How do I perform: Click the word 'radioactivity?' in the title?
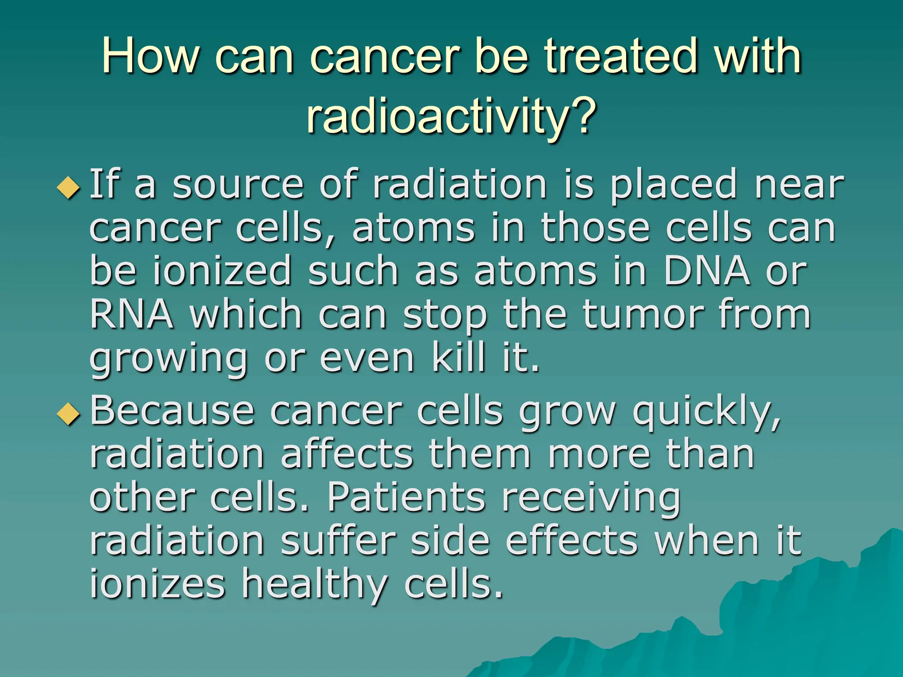tap(451, 115)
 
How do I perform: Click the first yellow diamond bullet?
tap(69, 187)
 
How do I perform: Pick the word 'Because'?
tap(172, 411)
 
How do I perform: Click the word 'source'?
tap(238, 185)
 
